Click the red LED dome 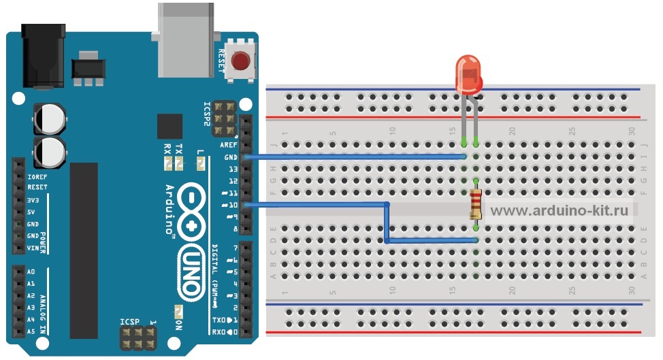[468, 73]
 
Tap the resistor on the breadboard [476, 205]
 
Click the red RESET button [240, 63]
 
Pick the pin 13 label [232, 169]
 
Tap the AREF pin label [227, 145]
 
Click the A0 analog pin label [31, 272]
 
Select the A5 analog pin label [31, 331]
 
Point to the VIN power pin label [32, 248]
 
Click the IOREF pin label [37, 176]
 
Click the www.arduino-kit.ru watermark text [559, 210]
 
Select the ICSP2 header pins [224, 117]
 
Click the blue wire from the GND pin [354, 157]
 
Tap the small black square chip [169, 127]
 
